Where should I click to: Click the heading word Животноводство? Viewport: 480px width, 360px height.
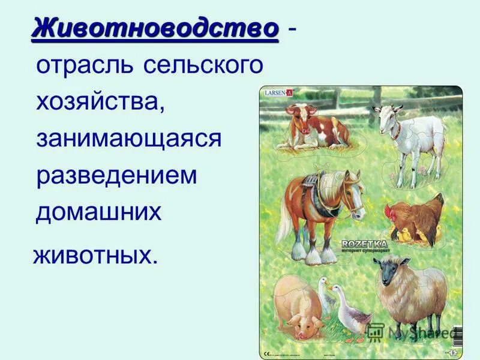tap(155, 28)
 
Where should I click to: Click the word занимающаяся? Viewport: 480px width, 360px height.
tap(128, 139)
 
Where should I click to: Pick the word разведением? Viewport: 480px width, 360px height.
tap(116, 175)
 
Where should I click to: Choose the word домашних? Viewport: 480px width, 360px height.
tap(99, 212)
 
